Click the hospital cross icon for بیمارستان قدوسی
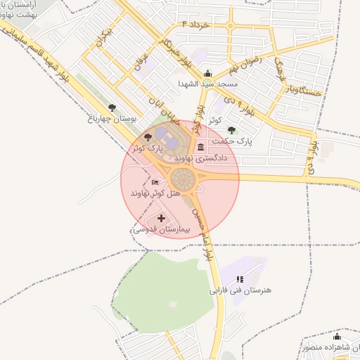[x=161, y=219]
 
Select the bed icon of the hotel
[x=155, y=183]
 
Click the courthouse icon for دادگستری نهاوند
[x=202, y=147]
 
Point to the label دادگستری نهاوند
[x=202, y=158]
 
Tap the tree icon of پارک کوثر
[x=147, y=137]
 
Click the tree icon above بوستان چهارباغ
[x=112, y=107]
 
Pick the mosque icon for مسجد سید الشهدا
[x=207, y=73]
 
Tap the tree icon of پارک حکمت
[x=233, y=130]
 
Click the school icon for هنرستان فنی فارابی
[x=240, y=279]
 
